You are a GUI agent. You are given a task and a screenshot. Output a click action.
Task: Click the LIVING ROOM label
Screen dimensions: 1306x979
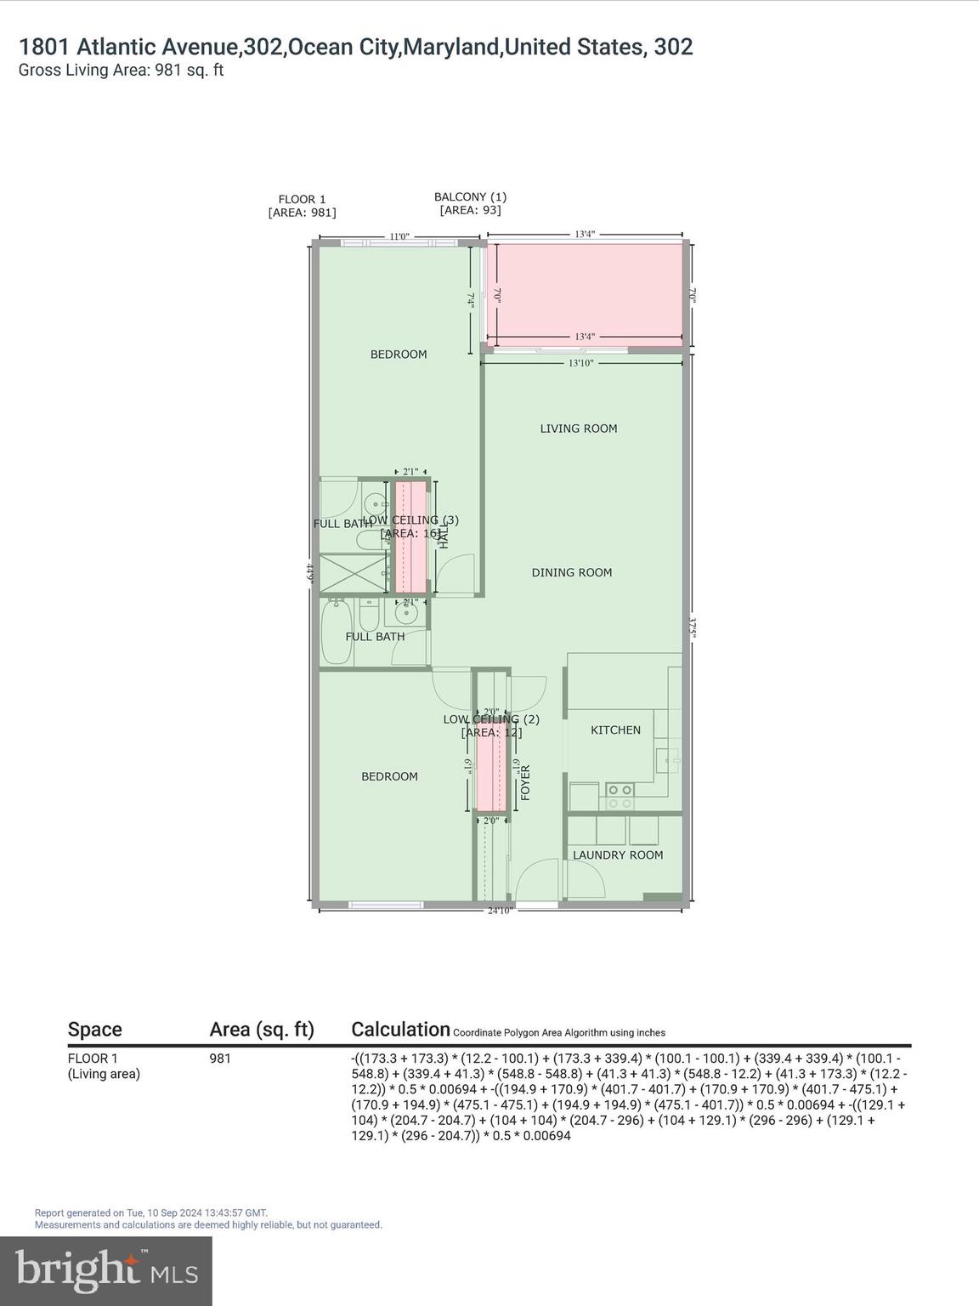click(578, 429)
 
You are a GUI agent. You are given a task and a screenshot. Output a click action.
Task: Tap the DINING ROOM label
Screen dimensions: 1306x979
click(571, 573)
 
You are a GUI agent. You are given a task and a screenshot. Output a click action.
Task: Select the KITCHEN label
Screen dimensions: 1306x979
click(615, 730)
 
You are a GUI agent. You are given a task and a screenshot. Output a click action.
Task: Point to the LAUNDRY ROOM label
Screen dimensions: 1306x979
click(617, 855)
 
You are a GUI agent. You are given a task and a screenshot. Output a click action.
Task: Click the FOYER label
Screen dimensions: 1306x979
click(525, 782)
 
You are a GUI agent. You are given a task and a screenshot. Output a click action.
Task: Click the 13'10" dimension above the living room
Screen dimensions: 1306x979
click(580, 363)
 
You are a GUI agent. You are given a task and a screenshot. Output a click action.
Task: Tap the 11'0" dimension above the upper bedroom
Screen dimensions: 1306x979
click(399, 237)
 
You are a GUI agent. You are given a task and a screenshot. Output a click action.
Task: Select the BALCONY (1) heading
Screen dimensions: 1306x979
click(470, 197)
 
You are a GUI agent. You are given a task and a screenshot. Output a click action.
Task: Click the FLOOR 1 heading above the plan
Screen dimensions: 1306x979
click(302, 200)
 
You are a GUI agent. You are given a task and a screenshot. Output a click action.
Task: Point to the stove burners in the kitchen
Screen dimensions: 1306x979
click(620, 796)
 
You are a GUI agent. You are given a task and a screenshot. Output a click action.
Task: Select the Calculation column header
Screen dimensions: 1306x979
click(400, 1030)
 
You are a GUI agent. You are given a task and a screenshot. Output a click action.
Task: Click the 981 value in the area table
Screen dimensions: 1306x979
click(220, 1059)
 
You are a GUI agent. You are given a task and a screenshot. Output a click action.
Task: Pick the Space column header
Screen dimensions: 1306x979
click(94, 1030)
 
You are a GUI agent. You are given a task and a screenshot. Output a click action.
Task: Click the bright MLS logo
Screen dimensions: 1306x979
click(106, 1271)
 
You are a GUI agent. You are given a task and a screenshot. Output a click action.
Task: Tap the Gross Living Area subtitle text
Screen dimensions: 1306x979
click(121, 71)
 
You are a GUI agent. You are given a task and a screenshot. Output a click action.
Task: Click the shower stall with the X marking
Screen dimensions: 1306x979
click(352, 572)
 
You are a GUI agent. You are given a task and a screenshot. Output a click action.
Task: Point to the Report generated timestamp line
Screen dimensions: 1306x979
click(151, 1212)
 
